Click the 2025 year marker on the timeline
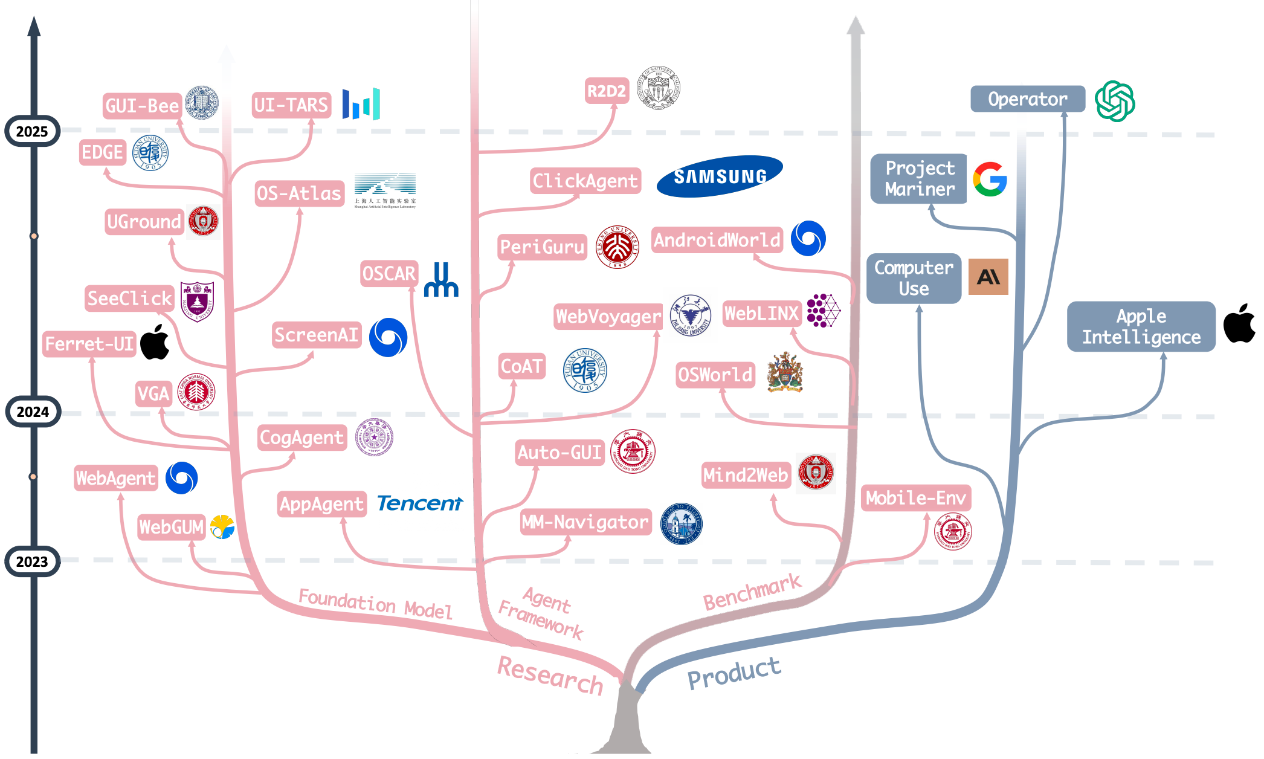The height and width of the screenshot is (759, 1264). pyautogui.click(x=32, y=131)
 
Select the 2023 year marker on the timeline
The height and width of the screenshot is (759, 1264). pyautogui.click(x=32, y=561)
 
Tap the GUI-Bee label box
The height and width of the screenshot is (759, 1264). pyautogui.click(x=142, y=106)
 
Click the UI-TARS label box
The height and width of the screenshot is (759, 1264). pyautogui.click(x=291, y=105)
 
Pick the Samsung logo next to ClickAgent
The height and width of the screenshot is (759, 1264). pyautogui.click(x=720, y=176)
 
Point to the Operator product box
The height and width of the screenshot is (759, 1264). pyautogui.click(x=1027, y=99)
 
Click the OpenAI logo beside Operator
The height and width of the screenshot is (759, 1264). pyautogui.click(x=1115, y=101)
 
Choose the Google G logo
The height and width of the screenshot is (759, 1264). pyautogui.click(x=990, y=179)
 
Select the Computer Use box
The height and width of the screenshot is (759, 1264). pyautogui.click(x=914, y=278)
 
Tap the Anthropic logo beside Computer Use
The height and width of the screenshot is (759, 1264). pyautogui.click(x=988, y=277)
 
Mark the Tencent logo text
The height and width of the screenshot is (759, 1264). pyautogui.click(x=420, y=503)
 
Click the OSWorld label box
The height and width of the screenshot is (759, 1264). pyautogui.click(x=715, y=375)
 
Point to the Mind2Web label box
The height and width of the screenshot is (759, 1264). pyautogui.click(x=746, y=475)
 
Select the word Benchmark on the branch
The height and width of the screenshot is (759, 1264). pyautogui.click(x=752, y=592)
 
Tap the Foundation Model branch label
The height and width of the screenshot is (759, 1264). pyautogui.click(x=375, y=603)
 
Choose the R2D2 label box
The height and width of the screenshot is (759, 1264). pyautogui.click(x=607, y=91)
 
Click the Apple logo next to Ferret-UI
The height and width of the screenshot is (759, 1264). pyautogui.click(x=155, y=342)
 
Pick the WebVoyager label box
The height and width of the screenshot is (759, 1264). pyautogui.click(x=608, y=316)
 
